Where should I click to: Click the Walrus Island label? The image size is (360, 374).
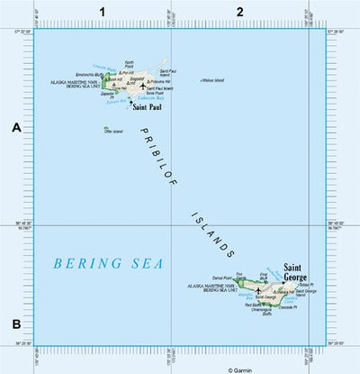[212, 79]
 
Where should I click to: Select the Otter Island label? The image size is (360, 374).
[113, 132]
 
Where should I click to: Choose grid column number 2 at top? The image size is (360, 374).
[239, 11]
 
